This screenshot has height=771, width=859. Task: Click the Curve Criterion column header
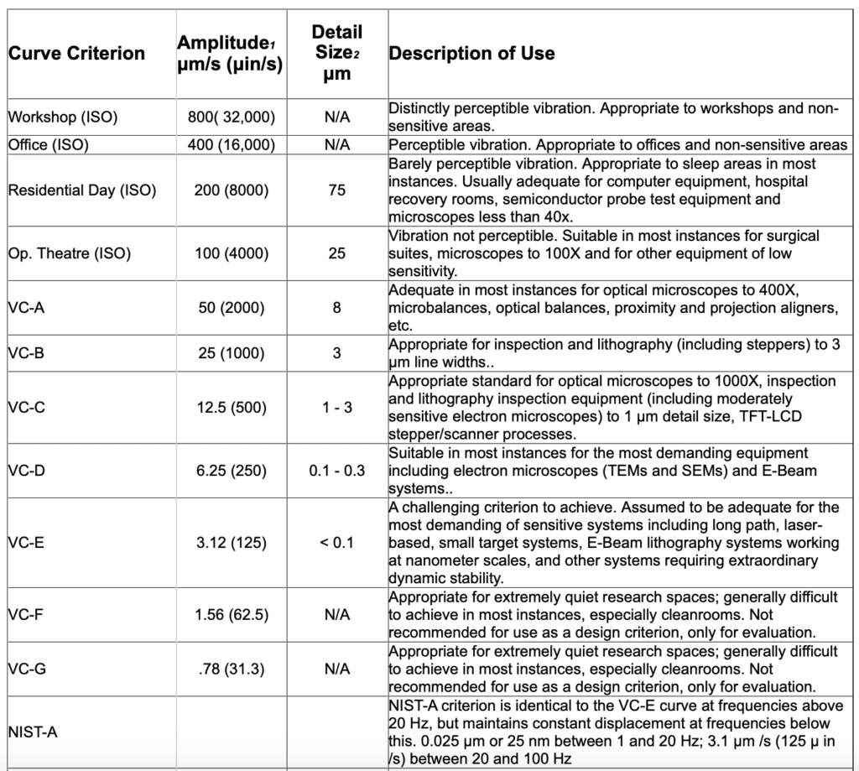[x=76, y=54]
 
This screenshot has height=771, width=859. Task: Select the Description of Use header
[x=471, y=54]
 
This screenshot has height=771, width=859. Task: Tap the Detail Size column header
[x=336, y=53]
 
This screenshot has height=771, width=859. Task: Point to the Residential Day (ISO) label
[x=81, y=190]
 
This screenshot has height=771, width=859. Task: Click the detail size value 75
[x=336, y=190]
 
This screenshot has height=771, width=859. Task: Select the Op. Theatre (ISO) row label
[x=70, y=253]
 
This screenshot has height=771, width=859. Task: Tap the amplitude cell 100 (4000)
[x=231, y=253]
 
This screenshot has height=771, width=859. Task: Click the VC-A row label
[x=26, y=308]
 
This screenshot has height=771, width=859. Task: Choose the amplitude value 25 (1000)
[x=231, y=353]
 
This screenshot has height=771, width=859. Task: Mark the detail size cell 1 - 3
[x=336, y=409]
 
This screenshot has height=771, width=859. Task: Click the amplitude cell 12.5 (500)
[x=231, y=409]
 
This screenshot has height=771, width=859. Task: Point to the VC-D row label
[x=26, y=471]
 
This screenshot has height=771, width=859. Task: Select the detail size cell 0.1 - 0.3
[x=336, y=471]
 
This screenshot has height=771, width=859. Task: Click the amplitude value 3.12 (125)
[x=231, y=543]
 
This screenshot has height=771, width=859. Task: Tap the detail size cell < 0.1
[x=336, y=543]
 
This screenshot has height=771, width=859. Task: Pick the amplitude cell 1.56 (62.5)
[x=231, y=615]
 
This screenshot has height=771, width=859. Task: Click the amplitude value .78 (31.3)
[x=231, y=669]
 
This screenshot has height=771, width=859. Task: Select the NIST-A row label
[x=32, y=732]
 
